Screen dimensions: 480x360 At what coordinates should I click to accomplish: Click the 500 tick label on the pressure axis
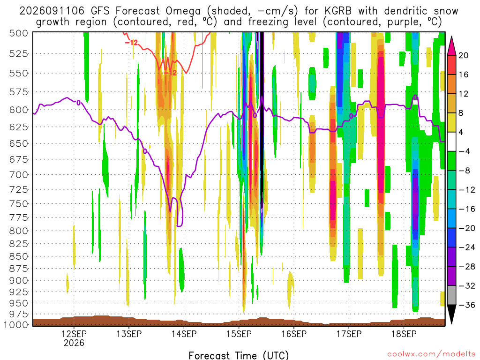pyautogui.click(x=19, y=33)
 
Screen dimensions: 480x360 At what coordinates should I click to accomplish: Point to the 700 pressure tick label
pyautogui.click(x=19, y=175)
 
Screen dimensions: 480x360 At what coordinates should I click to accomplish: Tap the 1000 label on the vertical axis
pyautogui.click(x=16, y=325)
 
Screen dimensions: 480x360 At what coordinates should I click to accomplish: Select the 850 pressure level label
pyautogui.click(x=19, y=256)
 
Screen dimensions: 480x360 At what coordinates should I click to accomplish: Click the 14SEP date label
pyautogui.click(x=184, y=334)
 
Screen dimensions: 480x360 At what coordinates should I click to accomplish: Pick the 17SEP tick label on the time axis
pyautogui.click(x=349, y=334)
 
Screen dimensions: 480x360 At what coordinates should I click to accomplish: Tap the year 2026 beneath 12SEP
pyautogui.click(x=74, y=343)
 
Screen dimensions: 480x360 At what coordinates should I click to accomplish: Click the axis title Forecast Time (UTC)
pyautogui.click(x=239, y=355)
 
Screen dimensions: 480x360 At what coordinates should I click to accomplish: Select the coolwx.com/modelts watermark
pyautogui.click(x=431, y=354)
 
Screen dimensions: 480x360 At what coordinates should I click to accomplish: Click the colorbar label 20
pyautogui.click(x=463, y=55)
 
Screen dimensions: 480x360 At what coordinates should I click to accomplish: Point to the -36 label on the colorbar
pyautogui.click(x=467, y=305)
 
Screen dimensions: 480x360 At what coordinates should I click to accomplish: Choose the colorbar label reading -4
pyautogui.click(x=465, y=151)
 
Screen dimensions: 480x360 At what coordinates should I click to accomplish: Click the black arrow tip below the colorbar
pyautogui.click(x=451, y=323)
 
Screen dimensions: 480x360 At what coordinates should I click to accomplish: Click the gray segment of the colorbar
pyautogui.click(x=451, y=295)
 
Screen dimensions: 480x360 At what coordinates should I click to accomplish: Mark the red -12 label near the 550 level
pyautogui.click(x=170, y=73)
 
